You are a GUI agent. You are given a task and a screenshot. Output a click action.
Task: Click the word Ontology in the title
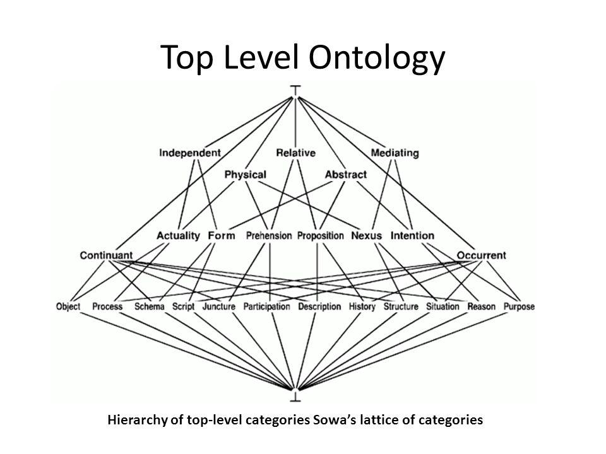(377, 58)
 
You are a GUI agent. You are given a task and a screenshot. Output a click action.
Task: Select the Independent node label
(190, 153)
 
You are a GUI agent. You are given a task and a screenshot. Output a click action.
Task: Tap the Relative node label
(295, 153)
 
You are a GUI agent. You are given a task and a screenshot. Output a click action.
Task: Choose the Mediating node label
(395, 153)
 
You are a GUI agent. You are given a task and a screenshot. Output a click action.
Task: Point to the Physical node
(246, 175)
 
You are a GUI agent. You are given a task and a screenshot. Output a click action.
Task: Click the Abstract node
(345, 175)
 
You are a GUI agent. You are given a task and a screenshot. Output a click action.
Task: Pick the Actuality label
(178, 235)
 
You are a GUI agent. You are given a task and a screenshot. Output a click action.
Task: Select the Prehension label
(269, 235)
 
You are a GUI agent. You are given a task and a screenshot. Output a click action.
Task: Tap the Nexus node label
(366, 235)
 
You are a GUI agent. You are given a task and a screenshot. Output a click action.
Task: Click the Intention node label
(412, 235)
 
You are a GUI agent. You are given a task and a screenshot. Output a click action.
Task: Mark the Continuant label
(106, 255)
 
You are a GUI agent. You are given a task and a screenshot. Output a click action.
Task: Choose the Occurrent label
(481, 255)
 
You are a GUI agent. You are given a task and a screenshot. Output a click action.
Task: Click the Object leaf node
(68, 306)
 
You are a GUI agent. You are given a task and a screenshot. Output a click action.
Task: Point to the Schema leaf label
(149, 306)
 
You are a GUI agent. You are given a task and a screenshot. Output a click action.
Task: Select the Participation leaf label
(266, 306)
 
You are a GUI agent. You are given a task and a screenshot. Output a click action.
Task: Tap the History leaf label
(362, 306)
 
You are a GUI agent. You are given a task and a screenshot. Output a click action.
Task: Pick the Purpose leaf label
(519, 306)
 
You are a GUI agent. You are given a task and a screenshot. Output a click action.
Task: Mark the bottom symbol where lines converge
(295, 395)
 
